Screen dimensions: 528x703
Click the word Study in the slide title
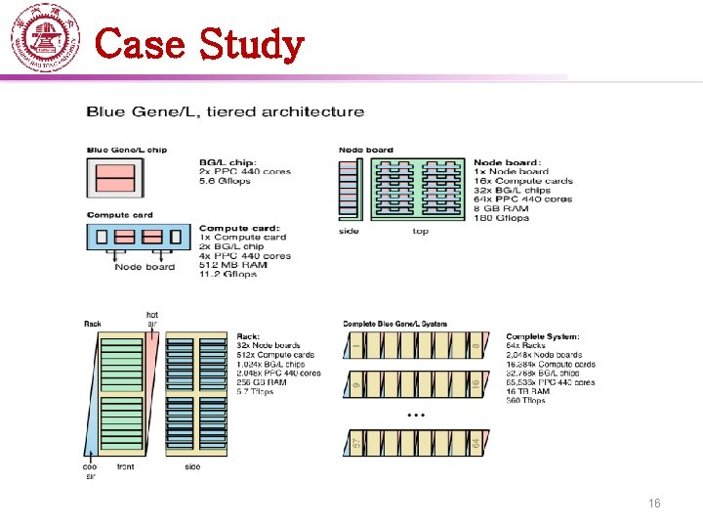tap(251, 44)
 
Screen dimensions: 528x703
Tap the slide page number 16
tap(655, 503)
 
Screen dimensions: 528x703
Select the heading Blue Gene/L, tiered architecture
tap(226, 112)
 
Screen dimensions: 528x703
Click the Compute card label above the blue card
tap(120, 215)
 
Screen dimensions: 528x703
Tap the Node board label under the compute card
tap(145, 267)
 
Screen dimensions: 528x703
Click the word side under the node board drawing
tap(349, 232)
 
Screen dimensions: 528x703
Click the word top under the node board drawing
tap(421, 232)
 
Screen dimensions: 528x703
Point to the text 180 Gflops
tap(501, 217)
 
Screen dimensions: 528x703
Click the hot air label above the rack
tap(151, 319)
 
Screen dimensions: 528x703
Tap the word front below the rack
tap(126, 467)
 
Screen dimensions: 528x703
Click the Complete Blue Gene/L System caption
tap(394, 324)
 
